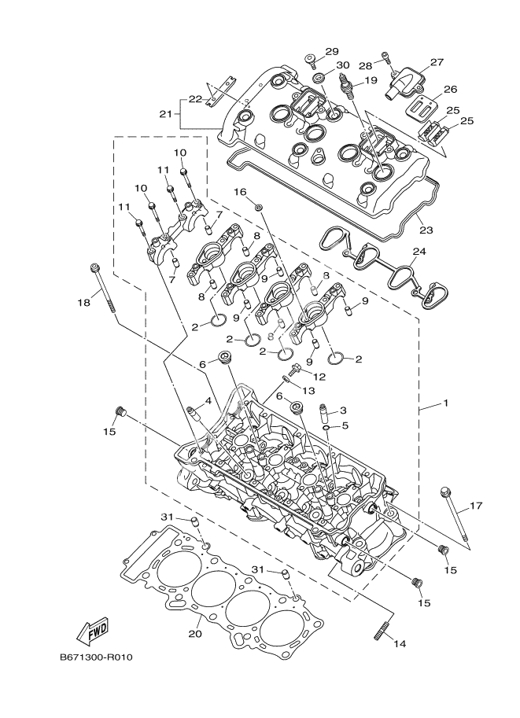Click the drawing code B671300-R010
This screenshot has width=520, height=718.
click(96, 657)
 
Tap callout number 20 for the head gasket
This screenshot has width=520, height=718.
click(194, 634)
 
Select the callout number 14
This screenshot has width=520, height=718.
click(400, 644)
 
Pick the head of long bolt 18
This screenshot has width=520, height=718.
click(94, 267)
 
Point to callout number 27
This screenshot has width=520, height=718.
click(437, 62)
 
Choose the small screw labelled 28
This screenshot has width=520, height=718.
click(385, 55)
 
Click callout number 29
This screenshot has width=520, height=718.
click(331, 51)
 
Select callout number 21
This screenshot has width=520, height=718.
click(165, 114)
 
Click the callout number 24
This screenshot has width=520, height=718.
click(419, 252)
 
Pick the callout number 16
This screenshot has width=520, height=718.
click(240, 192)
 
